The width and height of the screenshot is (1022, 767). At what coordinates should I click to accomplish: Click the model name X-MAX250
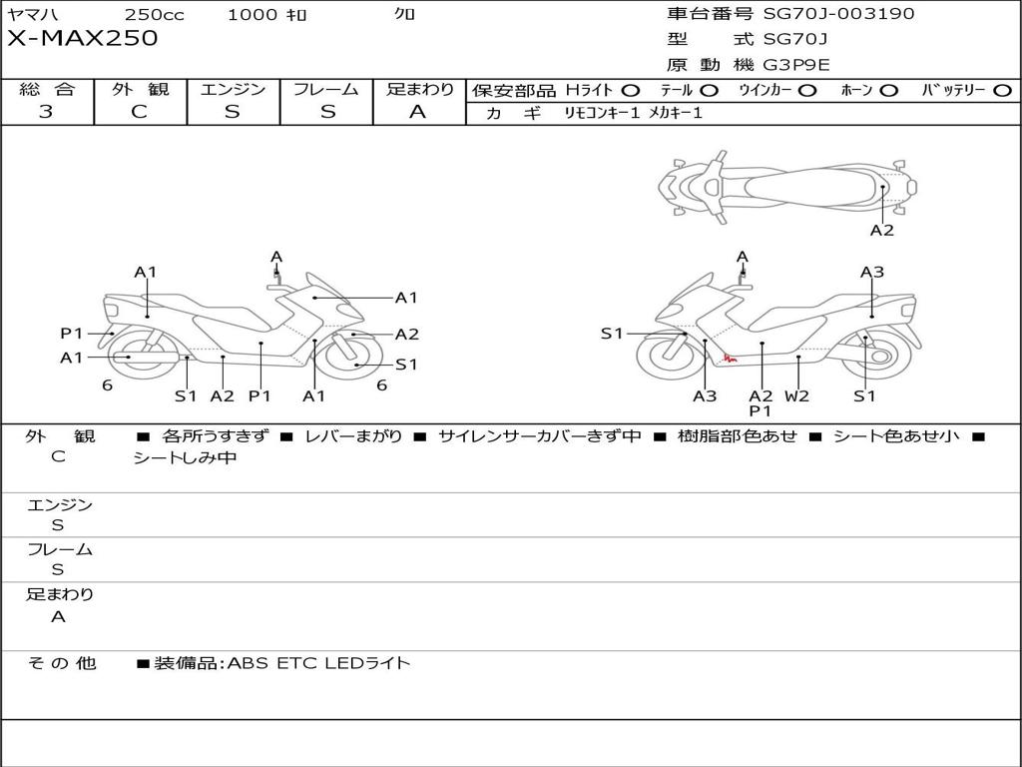point(82,38)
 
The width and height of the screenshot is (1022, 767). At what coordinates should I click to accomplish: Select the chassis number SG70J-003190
point(838,13)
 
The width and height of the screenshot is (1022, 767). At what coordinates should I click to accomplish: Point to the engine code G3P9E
point(796,65)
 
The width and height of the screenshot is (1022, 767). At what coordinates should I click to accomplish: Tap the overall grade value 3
point(46,112)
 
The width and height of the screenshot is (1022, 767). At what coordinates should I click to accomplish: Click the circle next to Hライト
point(631,91)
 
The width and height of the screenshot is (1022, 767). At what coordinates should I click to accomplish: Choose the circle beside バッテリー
point(1002,91)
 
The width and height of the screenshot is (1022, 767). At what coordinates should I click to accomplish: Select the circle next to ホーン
point(888,91)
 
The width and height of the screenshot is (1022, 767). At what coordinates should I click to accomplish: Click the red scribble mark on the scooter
point(730,359)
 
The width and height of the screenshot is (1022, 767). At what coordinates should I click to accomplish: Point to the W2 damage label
point(796,395)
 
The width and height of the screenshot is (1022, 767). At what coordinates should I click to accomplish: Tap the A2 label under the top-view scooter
point(882,231)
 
